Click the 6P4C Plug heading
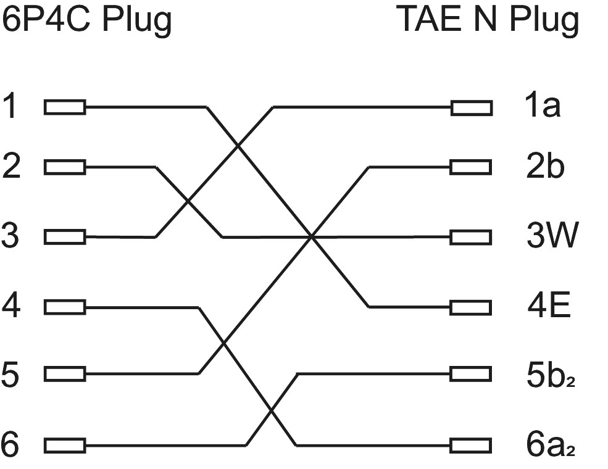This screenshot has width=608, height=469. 86,20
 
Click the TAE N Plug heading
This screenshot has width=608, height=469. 488,20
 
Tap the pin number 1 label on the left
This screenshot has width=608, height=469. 10,107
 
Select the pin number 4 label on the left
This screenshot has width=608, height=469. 11,306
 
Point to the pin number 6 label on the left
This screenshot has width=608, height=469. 11,444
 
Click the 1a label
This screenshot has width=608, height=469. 542,107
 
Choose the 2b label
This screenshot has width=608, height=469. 544,167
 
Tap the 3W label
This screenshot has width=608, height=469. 552,236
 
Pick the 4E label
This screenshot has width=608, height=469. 548,306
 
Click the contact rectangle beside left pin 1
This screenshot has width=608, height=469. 65,108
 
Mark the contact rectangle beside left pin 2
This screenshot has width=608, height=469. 65,167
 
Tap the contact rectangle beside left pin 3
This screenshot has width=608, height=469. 65,236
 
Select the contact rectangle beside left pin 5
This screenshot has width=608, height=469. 65,374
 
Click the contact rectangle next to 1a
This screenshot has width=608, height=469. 472,108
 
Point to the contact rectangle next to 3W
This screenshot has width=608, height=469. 472,237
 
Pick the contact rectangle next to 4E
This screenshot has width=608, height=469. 472,307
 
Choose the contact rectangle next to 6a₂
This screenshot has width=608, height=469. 472,445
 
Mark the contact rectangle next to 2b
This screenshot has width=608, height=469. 472,167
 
